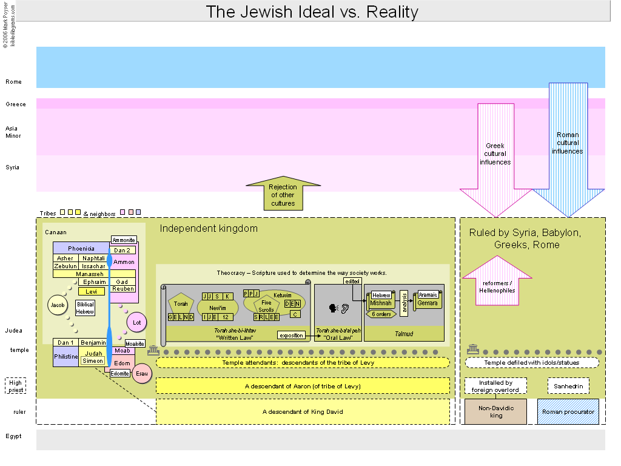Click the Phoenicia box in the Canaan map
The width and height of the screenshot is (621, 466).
[x=81, y=248]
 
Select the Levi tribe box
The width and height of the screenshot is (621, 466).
[x=91, y=291]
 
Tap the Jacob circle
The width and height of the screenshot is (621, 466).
[x=58, y=305]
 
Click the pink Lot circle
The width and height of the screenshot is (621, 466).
[x=136, y=322]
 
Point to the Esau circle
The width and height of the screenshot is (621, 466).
[x=142, y=373]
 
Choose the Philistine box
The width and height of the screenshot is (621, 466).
[x=65, y=357]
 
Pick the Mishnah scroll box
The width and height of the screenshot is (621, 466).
[x=381, y=303]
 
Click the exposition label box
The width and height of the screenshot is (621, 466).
[x=291, y=335]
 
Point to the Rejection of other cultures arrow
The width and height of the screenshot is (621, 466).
[x=283, y=194]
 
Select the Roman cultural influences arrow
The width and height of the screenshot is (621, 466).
[x=568, y=146]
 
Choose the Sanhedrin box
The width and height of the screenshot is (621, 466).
[x=568, y=386]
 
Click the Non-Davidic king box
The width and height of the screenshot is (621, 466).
[x=496, y=411]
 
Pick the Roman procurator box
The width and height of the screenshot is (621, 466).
[x=568, y=411]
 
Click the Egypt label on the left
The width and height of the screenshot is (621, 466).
[x=13, y=436]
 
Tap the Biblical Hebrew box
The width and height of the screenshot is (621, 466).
[x=85, y=308]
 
